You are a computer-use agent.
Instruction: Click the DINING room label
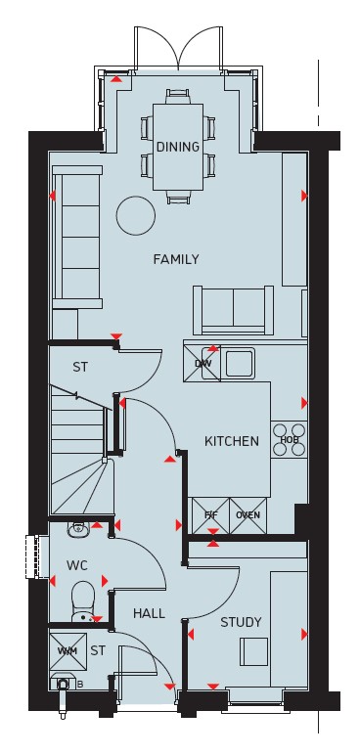click(178, 147)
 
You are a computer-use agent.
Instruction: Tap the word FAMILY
click(176, 259)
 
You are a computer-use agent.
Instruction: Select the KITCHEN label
click(232, 441)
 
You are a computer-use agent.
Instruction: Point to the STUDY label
click(241, 622)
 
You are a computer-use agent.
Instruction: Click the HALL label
click(149, 613)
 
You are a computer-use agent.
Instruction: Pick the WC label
click(77, 565)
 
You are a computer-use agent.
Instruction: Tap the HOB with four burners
click(290, 440)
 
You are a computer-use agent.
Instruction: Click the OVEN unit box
click(248, 515)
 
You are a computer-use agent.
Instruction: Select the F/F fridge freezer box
click(211, 515)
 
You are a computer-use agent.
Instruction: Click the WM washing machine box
click(67, 651)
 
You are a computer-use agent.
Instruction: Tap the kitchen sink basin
click(240, 364)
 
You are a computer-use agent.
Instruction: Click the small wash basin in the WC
click(77, 530)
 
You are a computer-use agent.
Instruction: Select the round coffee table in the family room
click(136, 216)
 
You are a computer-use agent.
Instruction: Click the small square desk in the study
click(254, 651)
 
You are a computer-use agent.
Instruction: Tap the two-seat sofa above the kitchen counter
click(233, 310)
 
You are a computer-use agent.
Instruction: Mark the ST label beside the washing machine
click(98, 651)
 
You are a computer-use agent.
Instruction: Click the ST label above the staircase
click(80, 368)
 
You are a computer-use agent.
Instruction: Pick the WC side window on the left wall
click(32, 556)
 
